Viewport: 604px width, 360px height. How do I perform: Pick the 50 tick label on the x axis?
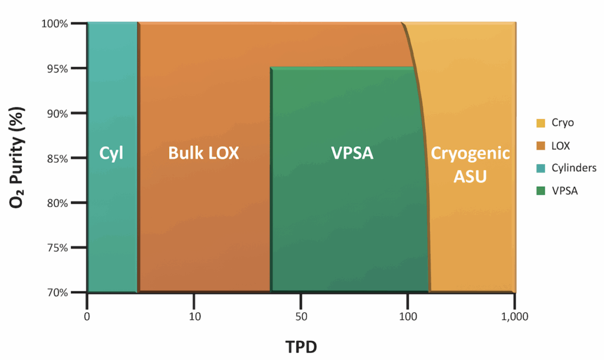[301, 315]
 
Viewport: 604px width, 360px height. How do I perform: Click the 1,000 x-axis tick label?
[515, 315]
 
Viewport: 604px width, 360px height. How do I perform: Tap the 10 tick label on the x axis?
[194, 315]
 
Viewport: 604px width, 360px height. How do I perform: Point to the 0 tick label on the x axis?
[87, 315]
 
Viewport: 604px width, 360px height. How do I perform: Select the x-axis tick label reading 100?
[408, 315]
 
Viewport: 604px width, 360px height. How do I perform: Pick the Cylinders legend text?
[574, 168]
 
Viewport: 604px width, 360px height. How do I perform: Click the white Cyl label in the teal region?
[112, 153]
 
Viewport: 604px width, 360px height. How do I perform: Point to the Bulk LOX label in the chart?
[203, 153]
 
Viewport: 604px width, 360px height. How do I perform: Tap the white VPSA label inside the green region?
[352, 153]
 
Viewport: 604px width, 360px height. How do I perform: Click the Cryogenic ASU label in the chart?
[470, 165]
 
